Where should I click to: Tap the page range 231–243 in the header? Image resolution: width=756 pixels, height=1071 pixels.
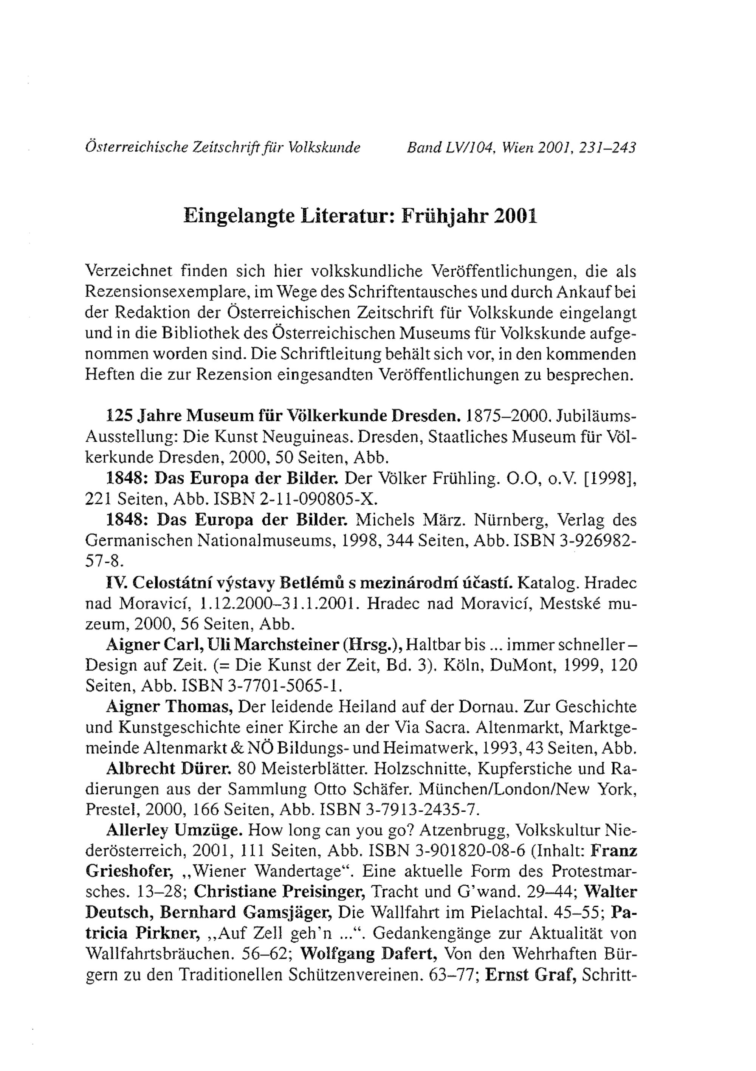click(x=607, y=148)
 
